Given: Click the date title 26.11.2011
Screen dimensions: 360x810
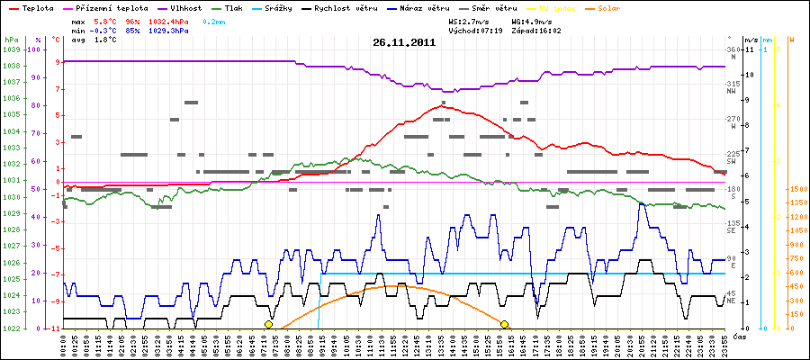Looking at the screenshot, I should pyautogui.click(x=404, y=41).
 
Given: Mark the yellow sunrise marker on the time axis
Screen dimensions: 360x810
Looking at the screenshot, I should pyautogui.click(x=268, y=324).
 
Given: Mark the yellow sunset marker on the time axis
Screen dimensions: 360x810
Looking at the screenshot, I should pyautogui.click(x=505, y=324).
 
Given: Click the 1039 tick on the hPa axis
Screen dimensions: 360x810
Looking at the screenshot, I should pyautogui.click(x=11, y=50).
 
